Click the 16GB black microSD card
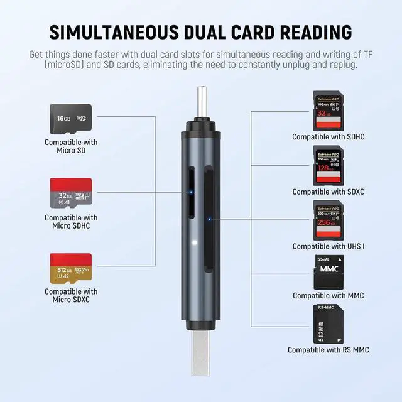coord(70,119)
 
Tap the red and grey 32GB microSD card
coord(70,193)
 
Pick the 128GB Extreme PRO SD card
coord(328,165)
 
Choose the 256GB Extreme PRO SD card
coord(328,219)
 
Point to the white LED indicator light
coord(195,242)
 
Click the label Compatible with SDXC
coord(329,192)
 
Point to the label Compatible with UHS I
coord(329,246)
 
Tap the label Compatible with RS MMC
coord(329,350)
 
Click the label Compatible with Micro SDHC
coord(70,222)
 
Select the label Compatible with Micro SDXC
coord(70,296)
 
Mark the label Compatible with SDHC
coord(329,137)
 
